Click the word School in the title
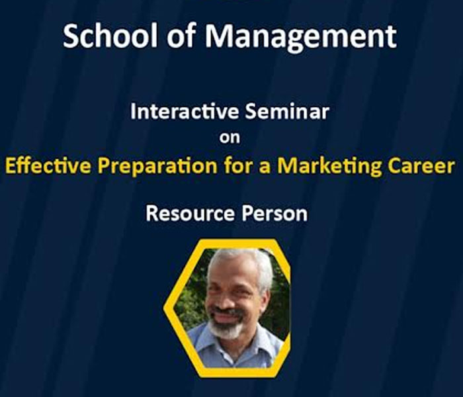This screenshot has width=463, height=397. [110, 36]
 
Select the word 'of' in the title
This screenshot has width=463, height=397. [181, 36]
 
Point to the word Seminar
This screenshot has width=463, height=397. [287, 111]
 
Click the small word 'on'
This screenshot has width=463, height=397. [230, 138]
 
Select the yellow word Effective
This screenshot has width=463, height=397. [48, 165]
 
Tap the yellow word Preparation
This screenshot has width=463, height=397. [157, 167]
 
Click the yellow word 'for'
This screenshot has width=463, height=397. [237, 165]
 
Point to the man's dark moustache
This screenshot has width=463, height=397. [227, 312]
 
